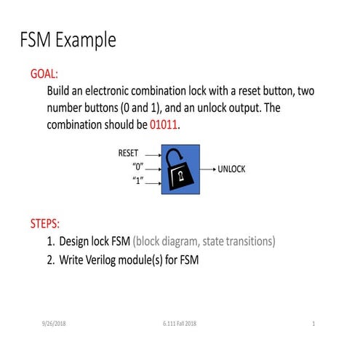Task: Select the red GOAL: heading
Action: [44, 75]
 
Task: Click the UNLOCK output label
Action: [232, 169]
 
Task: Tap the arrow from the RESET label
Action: [152, 154]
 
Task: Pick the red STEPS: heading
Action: [45, 223]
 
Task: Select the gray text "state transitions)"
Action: [233, 241]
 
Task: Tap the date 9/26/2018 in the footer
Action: [55, 323]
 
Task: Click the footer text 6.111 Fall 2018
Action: [180, 323]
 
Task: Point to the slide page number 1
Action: [312, 323]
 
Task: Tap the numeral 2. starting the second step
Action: [52, 259]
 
